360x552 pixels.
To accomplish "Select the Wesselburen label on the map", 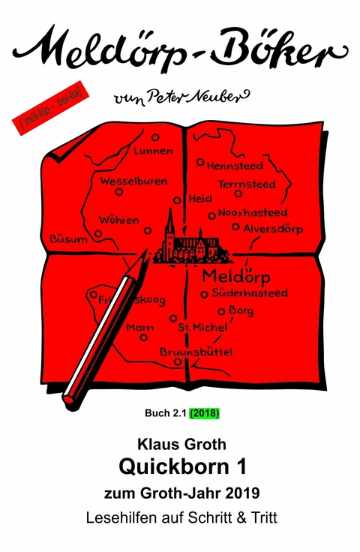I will pyautogui.click(x=133, y=181).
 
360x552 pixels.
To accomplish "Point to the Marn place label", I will pyautogui.click(x=140, y=328).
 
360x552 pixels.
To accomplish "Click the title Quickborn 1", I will pyautogui.click(x=179, y=466).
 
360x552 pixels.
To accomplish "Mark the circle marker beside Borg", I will pyautogui.click(x=221, y=311).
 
